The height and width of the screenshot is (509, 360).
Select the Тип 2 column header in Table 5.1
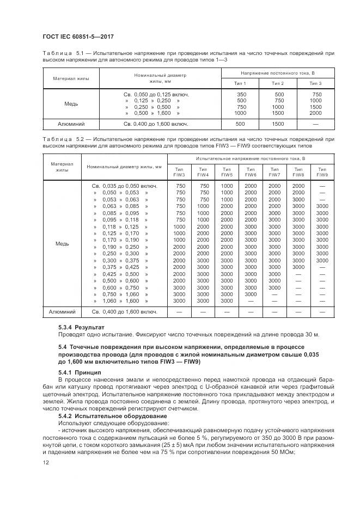click(x=278, y=83)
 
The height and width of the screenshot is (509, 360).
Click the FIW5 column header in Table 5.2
click(x=227, y=171)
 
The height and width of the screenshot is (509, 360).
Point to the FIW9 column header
click(x=322, y=171)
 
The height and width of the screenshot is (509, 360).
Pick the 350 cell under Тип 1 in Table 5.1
click(x=240, y=94)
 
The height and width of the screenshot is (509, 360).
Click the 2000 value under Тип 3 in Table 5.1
click(x=315, y=113)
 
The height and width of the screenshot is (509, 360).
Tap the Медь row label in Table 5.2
click(x=62, y=243)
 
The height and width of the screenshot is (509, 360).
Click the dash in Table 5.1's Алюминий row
click(x=315, y=124)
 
